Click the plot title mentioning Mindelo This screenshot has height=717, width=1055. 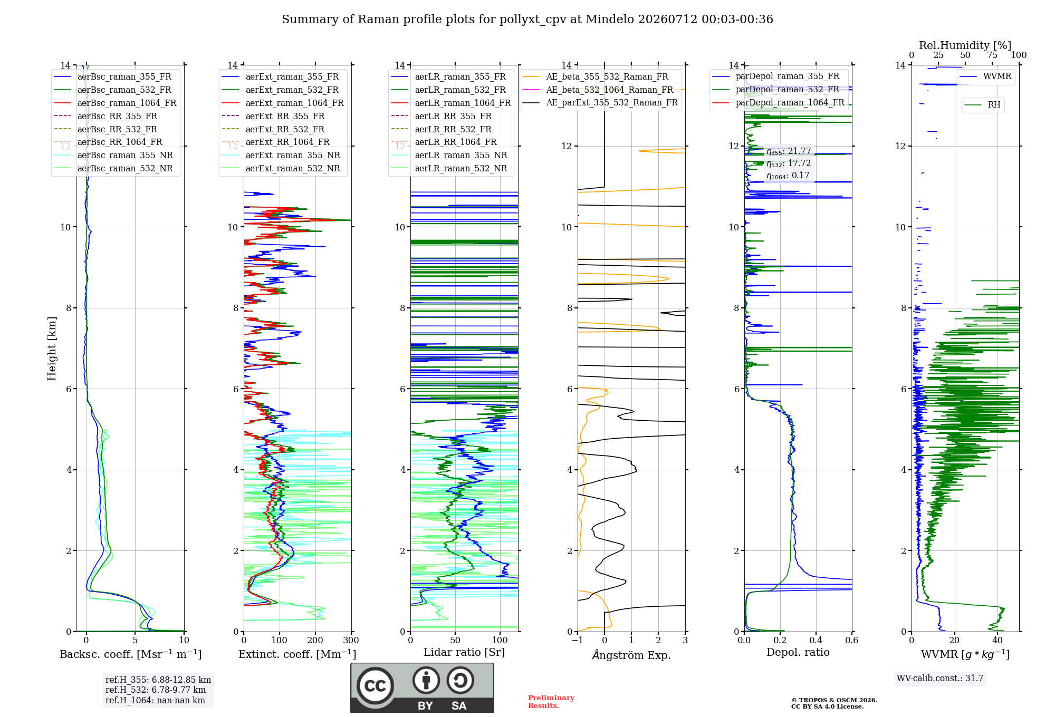(527, 20)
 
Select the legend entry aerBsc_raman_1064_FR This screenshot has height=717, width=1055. (127, 103)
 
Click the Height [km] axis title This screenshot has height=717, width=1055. (52, 348)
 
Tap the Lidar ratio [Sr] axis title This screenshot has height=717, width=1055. (464, 652)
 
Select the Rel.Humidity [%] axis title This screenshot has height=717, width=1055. (965, 45)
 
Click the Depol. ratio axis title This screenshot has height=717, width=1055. (798, 652)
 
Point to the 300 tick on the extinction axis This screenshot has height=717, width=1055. (351, 640)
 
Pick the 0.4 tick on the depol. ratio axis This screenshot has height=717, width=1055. (816, 640)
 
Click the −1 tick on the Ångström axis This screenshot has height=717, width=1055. (577, 640)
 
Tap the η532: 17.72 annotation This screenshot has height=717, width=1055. (789, 163)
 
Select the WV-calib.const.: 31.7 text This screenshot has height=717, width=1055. (940, 678)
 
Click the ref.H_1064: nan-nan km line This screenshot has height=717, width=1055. (155, 700)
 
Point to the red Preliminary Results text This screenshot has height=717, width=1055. (551, 702)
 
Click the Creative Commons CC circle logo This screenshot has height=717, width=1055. (375, 686)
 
